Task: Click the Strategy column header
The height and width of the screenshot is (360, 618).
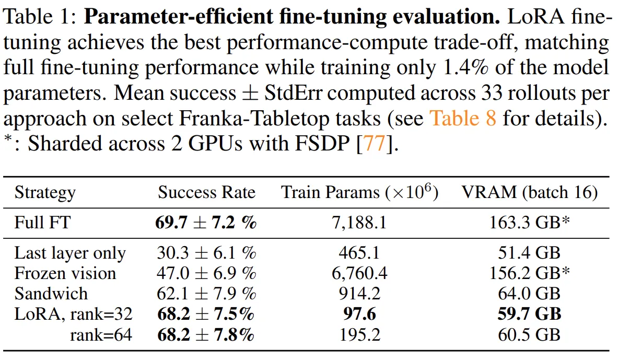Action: point(45,193)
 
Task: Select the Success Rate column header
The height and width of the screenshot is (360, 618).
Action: point(206,193)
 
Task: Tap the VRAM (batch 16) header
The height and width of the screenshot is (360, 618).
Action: point(529,193)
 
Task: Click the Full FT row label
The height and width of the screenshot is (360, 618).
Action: point(42,223)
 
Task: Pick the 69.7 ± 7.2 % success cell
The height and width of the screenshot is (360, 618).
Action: point(206,223)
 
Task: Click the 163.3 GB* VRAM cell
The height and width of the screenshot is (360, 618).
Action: point(529,223)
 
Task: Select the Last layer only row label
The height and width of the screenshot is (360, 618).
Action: point(70,253)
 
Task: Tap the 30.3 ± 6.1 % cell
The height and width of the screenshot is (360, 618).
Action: point(206,253)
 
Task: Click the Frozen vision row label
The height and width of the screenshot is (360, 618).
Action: point(65,273)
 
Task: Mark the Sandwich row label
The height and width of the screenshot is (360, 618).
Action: point(51,294)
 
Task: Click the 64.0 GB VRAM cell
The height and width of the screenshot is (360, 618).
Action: point(529,294)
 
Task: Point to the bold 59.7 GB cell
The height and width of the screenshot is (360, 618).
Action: point(529,313)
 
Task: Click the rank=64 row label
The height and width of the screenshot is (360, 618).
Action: point(101,334)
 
